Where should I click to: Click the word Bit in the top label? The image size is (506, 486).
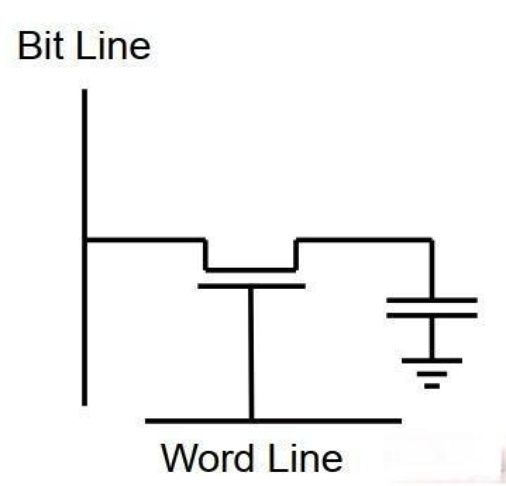[41, 45]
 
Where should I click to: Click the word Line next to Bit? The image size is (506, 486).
[113, 45]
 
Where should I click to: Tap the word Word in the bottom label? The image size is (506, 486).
[207, 458]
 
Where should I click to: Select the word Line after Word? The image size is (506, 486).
[305, 458]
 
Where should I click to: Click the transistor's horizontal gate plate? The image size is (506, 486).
[252, 286]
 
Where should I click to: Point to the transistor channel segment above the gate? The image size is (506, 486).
[251, 270]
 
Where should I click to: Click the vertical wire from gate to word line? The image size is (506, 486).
[252, 353]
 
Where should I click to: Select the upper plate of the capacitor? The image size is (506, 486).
[432, 300]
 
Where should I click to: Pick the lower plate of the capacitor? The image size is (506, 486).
[432, 316]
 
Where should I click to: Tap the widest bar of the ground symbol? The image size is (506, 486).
[432, 361]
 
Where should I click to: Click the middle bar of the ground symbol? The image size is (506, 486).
[432, 374]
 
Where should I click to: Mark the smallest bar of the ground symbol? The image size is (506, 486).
[432, 386]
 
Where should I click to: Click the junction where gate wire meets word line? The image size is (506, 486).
[252, 421]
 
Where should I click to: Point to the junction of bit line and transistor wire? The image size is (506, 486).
[84, 240]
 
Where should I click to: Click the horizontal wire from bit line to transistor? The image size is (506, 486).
[145, 240]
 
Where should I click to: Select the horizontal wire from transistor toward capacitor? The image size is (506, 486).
[364, 240]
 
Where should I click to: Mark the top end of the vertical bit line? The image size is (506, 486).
[84, 89]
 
